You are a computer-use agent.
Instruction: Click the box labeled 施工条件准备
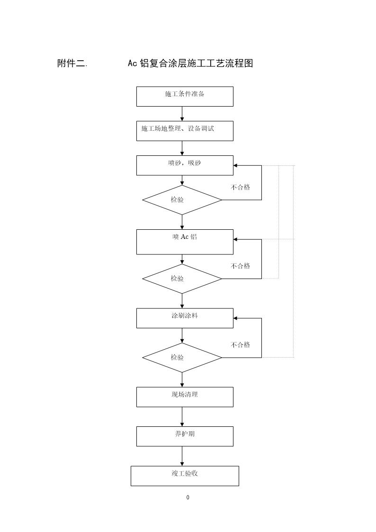[x=185, y=96]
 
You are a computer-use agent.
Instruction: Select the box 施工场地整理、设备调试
[x=185, y=131]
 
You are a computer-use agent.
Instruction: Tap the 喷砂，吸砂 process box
[x=185, y=165]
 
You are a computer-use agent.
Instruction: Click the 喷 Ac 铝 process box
[x=185, y=242]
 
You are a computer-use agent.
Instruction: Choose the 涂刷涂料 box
[x=185, y=318]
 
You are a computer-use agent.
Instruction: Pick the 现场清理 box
[x=185, y=397]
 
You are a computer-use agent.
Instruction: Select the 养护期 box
[x=185, y=436]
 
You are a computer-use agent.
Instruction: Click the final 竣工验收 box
[x=185, y=476]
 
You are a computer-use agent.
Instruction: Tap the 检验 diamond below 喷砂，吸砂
[x=182, y=200]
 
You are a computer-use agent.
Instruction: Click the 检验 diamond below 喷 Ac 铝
[x=182, y=279]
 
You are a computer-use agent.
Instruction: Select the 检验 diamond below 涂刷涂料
[x=182, y=357]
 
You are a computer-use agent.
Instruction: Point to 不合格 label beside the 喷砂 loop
[x=240, y=187]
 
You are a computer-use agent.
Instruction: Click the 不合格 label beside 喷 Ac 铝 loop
[x=240, y=266]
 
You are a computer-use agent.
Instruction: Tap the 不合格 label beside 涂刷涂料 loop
[x=240, y=345]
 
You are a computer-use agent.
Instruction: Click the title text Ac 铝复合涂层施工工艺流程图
[x=190, y=63]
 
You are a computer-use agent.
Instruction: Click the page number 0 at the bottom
[x=188, y=497]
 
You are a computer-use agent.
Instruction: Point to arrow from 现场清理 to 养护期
[x=182, y=416]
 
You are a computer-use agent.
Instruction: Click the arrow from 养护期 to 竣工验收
[x=182, y=456]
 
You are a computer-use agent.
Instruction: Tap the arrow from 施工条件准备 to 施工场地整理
[x=182, y=114]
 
